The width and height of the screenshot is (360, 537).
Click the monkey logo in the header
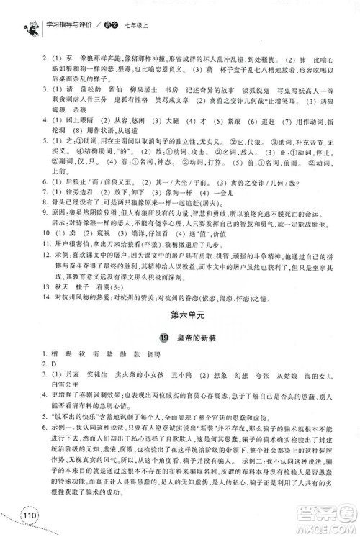[12, 12]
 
